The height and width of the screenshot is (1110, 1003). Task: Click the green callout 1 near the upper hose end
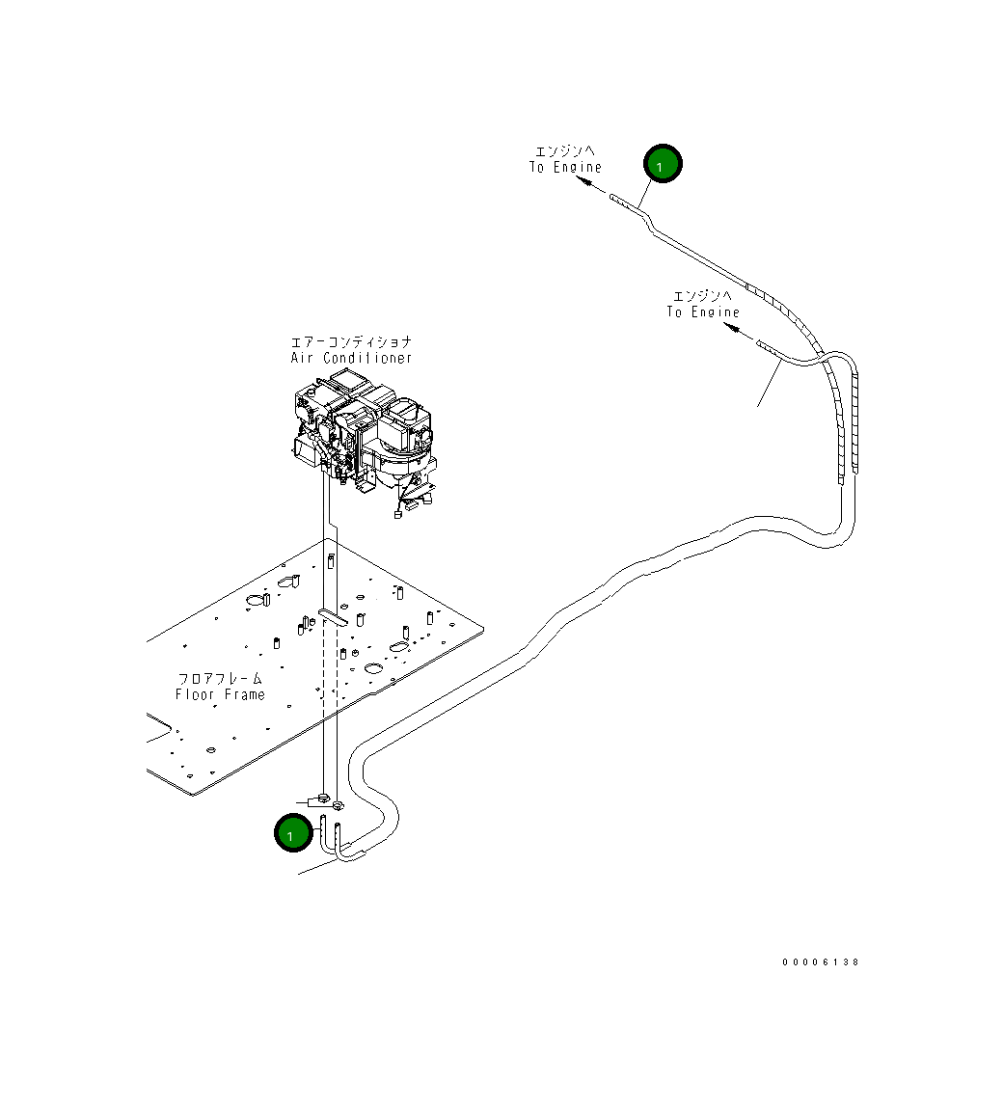point(663,165)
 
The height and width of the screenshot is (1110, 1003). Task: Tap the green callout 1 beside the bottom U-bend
point(291,834)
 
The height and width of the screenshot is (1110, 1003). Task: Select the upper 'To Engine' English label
point(565,168)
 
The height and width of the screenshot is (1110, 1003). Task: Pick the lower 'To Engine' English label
point(703,312)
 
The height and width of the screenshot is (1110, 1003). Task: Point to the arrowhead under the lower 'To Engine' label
point(732,330)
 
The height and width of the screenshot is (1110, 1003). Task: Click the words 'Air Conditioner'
point(352,359)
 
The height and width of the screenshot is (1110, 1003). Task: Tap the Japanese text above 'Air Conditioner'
point(352,342)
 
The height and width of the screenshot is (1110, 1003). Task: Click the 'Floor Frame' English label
point(220,695)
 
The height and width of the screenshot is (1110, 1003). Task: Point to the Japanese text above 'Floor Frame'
point(220,679)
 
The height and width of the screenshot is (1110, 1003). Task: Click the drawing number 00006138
point(821,962)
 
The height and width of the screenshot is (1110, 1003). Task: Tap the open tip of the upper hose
point(613,198)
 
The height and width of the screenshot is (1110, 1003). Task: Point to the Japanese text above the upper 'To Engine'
point(565,151)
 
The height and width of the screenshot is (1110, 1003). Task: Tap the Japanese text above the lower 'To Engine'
point(703,296)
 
